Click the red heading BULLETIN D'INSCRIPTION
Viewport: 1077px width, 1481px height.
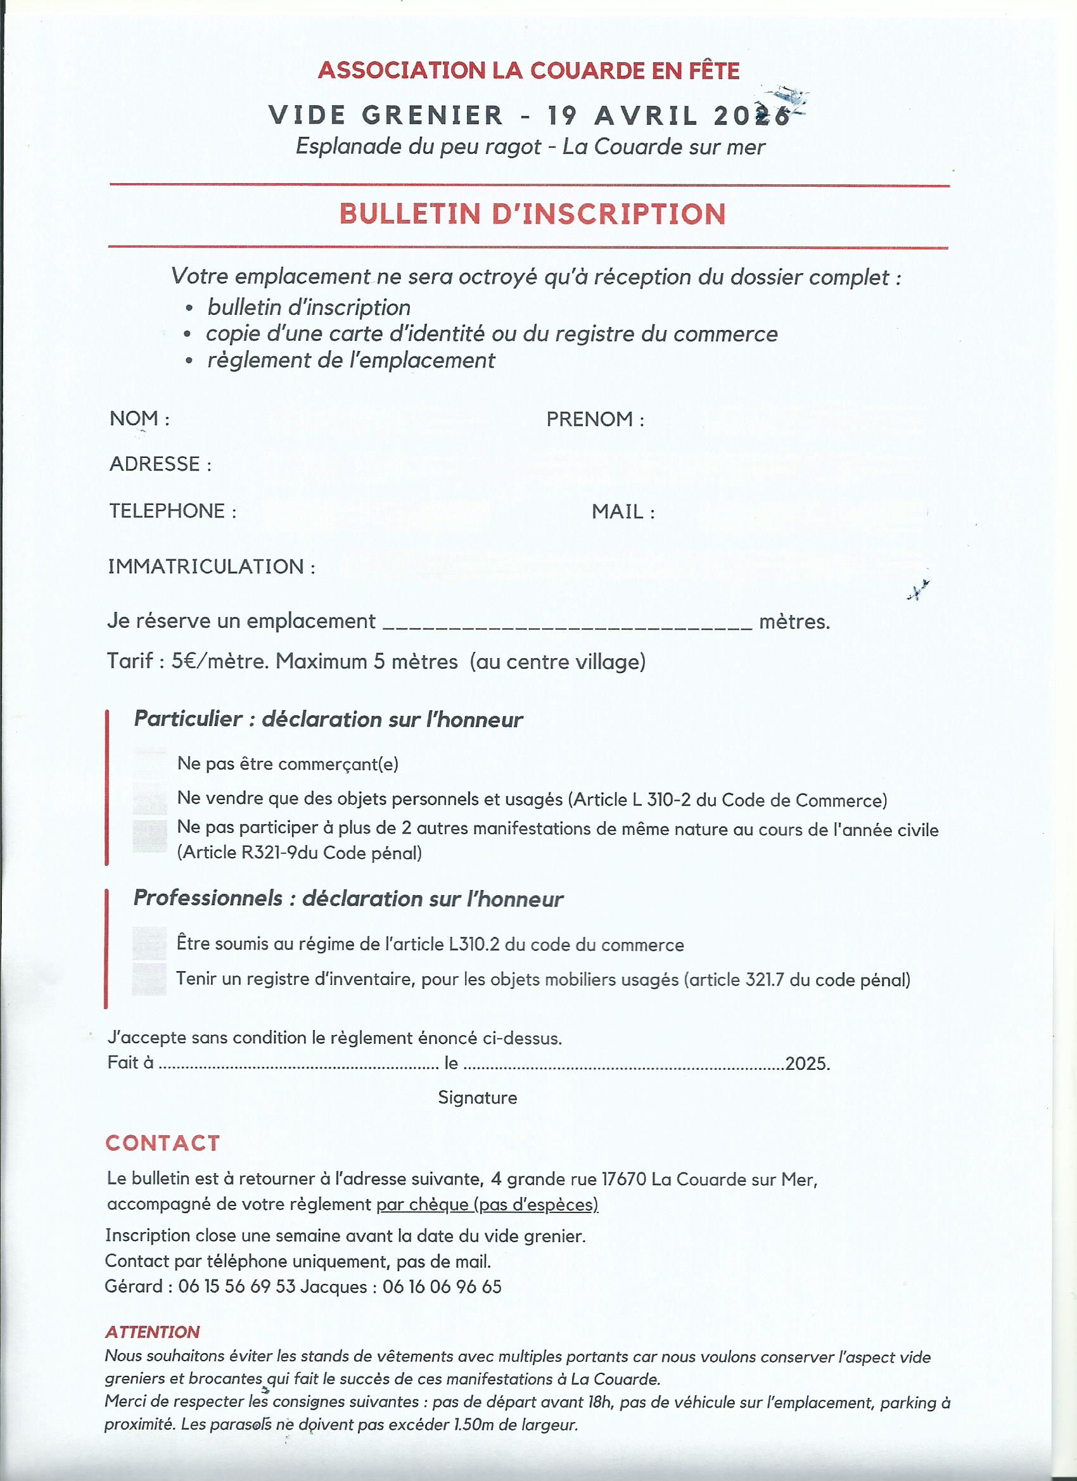click(x=532, y=214)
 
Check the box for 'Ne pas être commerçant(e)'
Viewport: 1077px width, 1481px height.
click(x=150, y=763)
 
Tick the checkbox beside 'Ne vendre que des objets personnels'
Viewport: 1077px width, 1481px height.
click(x=150, y=799)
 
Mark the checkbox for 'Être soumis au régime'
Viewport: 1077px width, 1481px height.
click(x=149, y=943)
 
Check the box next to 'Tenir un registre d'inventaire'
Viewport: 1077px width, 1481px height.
click(x=149, y=979)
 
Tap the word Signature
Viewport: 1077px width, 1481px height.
click(x=478, y=1097)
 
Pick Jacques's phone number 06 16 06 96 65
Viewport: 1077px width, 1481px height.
click(x=442, y=1287)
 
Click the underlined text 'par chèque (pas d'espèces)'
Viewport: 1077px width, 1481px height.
click(x=487, y=1204)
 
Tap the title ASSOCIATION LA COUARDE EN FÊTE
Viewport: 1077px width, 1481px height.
click(x=528, y=70)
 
